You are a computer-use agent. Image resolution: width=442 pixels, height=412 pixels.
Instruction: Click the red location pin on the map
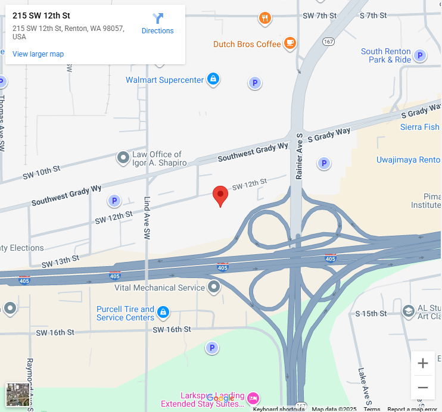point(220,195)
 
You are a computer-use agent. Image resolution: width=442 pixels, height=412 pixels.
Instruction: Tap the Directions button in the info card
point(158,24)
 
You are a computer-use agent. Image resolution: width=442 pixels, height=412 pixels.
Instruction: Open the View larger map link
point(38,54)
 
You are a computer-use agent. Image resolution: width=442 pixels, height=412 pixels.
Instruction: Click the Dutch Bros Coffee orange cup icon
point(290,42)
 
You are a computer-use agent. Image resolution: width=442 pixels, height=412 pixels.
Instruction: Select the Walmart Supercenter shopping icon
point(213,79)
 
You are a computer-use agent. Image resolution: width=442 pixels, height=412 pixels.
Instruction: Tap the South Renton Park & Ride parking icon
point(420,56)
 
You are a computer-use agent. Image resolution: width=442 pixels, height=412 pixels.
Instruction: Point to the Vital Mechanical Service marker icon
point(214,287)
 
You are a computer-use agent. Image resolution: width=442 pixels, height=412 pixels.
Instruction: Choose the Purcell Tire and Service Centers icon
point(163,312)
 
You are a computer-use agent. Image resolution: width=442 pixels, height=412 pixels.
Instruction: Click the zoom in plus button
point(423,363)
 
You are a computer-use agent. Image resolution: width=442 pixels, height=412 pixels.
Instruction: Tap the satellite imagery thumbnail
point(17,394)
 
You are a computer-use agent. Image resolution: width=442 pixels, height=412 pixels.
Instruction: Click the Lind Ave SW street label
point(147,219)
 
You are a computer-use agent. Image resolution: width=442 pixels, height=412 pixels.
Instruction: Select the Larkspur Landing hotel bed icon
point(253,397)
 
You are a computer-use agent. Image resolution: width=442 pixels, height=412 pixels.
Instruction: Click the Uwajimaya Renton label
point(408,160)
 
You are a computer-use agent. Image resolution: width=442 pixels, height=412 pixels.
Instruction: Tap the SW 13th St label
point(60,261)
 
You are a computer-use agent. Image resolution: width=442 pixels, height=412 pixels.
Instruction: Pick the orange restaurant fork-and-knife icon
point(265,18)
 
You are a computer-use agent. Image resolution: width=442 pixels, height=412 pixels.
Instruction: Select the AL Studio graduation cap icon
point(408,311)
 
